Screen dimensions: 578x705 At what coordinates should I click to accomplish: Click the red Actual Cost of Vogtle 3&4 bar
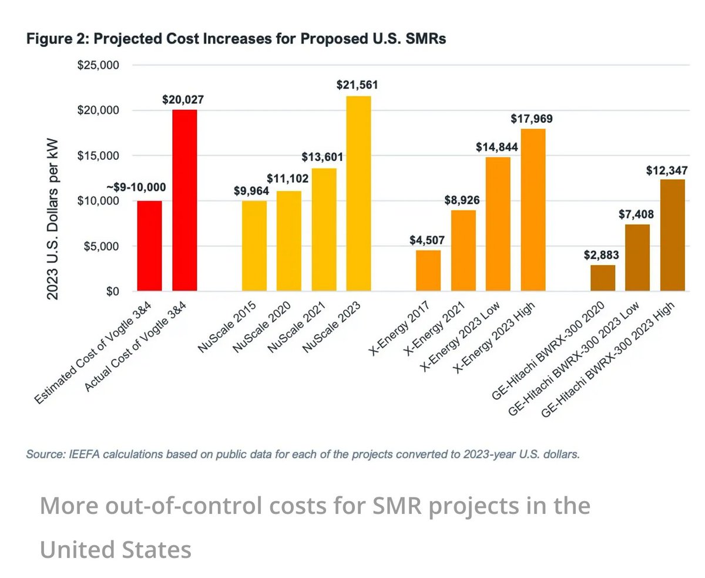(x=184, y=200)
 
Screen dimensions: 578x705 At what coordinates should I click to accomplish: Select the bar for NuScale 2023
(x=358, y=193)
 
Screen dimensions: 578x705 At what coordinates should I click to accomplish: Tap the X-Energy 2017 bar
(x=428, y=270)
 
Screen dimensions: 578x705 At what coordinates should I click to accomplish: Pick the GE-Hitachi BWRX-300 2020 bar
(x=603, y=278)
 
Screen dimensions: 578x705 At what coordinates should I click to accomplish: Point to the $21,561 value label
(x=357, y=85)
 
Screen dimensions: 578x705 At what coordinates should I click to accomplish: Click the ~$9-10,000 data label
(x=136, y=188)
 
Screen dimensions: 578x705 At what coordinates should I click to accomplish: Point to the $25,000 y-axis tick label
(x=99, y=65)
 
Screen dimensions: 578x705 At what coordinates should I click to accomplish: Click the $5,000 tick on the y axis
(x=101, y=246)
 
